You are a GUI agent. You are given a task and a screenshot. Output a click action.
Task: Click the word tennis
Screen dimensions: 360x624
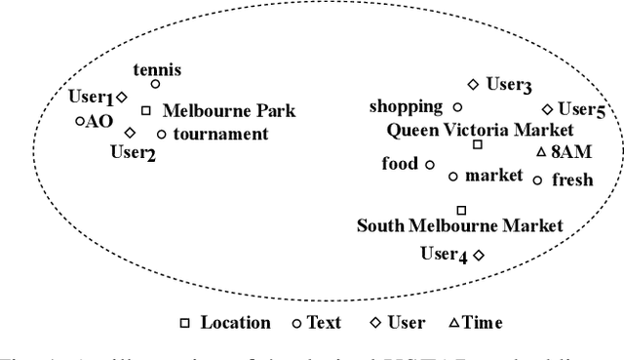click(156, 69)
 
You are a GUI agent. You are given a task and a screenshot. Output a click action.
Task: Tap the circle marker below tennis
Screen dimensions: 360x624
click(155, 85)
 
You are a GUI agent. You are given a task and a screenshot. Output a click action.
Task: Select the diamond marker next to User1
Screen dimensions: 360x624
click(122, 97)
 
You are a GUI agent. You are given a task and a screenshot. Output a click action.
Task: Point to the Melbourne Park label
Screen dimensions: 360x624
click(228, 111)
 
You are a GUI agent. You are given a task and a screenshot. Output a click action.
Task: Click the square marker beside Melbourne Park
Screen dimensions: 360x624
click(146, 110)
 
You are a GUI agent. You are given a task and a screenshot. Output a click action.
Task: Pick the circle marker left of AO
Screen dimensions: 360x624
click(80, 121)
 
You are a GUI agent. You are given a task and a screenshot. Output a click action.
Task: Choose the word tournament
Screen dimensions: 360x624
click(220, 134)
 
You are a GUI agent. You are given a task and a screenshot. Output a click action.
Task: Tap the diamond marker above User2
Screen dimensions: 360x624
click(130, 132)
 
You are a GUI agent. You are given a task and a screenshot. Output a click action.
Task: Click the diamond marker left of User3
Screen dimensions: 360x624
click(473, 85)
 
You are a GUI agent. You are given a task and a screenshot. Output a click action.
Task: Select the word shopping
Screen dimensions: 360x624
click(406, 106)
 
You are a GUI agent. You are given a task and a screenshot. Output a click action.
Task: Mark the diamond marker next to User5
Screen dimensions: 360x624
click(547, 109)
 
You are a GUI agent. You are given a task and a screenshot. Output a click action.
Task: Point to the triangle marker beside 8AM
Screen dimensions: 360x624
click(542, 152)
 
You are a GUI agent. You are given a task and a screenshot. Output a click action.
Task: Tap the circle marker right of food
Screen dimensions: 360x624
click(429, 164)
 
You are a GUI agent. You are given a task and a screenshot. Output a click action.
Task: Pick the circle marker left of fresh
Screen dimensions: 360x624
click(537, 180)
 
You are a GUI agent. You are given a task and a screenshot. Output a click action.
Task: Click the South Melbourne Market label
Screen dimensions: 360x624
click(459, 226)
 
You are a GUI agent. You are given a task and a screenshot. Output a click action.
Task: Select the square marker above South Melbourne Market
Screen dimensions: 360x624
click(462, 210)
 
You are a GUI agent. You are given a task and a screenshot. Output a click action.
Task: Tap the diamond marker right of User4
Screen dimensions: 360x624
click(479, 254)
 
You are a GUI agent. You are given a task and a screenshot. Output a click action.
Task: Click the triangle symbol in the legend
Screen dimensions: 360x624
click(453, 322)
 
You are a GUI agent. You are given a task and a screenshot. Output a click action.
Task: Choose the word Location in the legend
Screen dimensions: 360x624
click(235, 322)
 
